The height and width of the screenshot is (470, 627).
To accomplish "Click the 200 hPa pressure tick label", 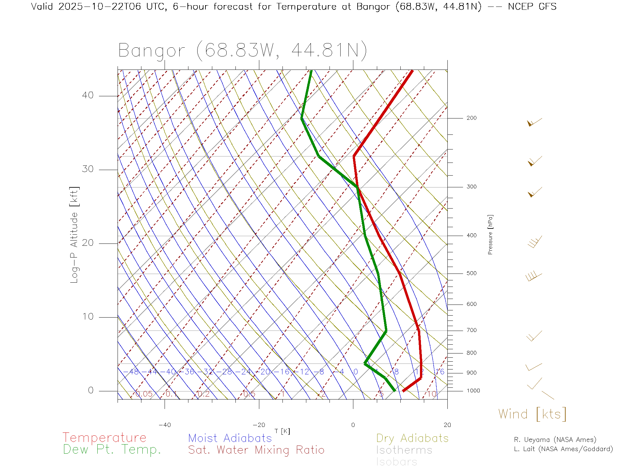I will click(471, 118).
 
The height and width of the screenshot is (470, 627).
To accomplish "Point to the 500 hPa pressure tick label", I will click(471, 274).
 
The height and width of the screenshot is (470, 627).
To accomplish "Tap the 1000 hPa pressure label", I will click(473, 391).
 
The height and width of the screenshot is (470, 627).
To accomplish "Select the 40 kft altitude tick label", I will click(88, 95).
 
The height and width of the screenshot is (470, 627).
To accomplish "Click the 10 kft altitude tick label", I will click(88, 317).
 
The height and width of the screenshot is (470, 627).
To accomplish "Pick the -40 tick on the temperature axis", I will click(165, 425).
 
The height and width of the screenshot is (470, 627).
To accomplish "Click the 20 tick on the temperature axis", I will click(447, 425).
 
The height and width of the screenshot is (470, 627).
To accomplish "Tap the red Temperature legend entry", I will click(104, 438).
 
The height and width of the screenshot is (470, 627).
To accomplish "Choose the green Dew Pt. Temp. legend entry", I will click(112, 450).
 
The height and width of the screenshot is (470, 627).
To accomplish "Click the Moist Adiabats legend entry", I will click(230, 438).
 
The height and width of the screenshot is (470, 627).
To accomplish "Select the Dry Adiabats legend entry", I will click(412, 438).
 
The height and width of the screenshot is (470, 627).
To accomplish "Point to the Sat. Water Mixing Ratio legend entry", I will click(256, 450).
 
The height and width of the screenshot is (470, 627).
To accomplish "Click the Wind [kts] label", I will click(532, 414).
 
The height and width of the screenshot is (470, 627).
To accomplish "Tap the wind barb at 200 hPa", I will click(534, 122).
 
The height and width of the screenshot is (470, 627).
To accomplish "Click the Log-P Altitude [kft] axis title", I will click(74, 235).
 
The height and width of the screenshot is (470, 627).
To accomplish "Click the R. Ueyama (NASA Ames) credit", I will click(555, 440).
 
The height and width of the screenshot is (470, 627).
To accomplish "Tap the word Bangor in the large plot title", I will click(152, 51).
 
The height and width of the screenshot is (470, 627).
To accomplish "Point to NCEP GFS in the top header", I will click(532, 7).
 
